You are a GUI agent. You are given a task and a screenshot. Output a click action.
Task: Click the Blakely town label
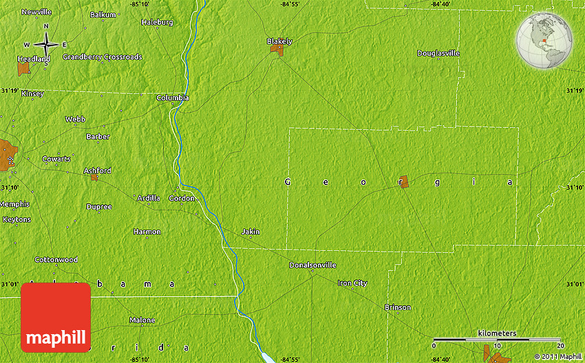click(x=279, y=41)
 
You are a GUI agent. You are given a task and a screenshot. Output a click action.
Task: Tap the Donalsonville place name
click(x=312, y=265)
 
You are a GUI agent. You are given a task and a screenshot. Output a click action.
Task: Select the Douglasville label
click(x=438, y=54)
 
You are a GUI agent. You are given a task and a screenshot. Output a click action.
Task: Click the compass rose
click(x=46, y=45)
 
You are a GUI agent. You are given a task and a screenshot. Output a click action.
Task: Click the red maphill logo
click(x=56, y=318)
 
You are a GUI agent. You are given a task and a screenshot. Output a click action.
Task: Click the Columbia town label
click(x=172, y=98)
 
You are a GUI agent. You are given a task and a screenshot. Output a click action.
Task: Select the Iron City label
click(x=352, y=283)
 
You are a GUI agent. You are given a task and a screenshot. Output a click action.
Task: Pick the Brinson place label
click(x=398, y=307)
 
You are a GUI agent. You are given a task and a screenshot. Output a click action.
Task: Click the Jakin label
click(x=251, y=232)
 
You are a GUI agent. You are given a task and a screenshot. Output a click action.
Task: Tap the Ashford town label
click(x=97, y=170)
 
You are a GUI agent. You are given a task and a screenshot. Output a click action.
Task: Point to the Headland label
click(x=34, y=60)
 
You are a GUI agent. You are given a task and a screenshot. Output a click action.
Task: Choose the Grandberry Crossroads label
click(x=102, y=57)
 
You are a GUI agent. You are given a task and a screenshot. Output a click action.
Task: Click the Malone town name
click(x=142, y=320)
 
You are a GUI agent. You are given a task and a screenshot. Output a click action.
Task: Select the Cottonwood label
click(x=56, y=260)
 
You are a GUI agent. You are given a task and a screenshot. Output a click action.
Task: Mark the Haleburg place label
click(x=157, y=22)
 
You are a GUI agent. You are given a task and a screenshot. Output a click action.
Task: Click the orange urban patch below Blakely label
click(x=276, y=50)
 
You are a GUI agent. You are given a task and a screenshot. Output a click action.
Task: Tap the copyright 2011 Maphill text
click(x=557, y=356)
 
